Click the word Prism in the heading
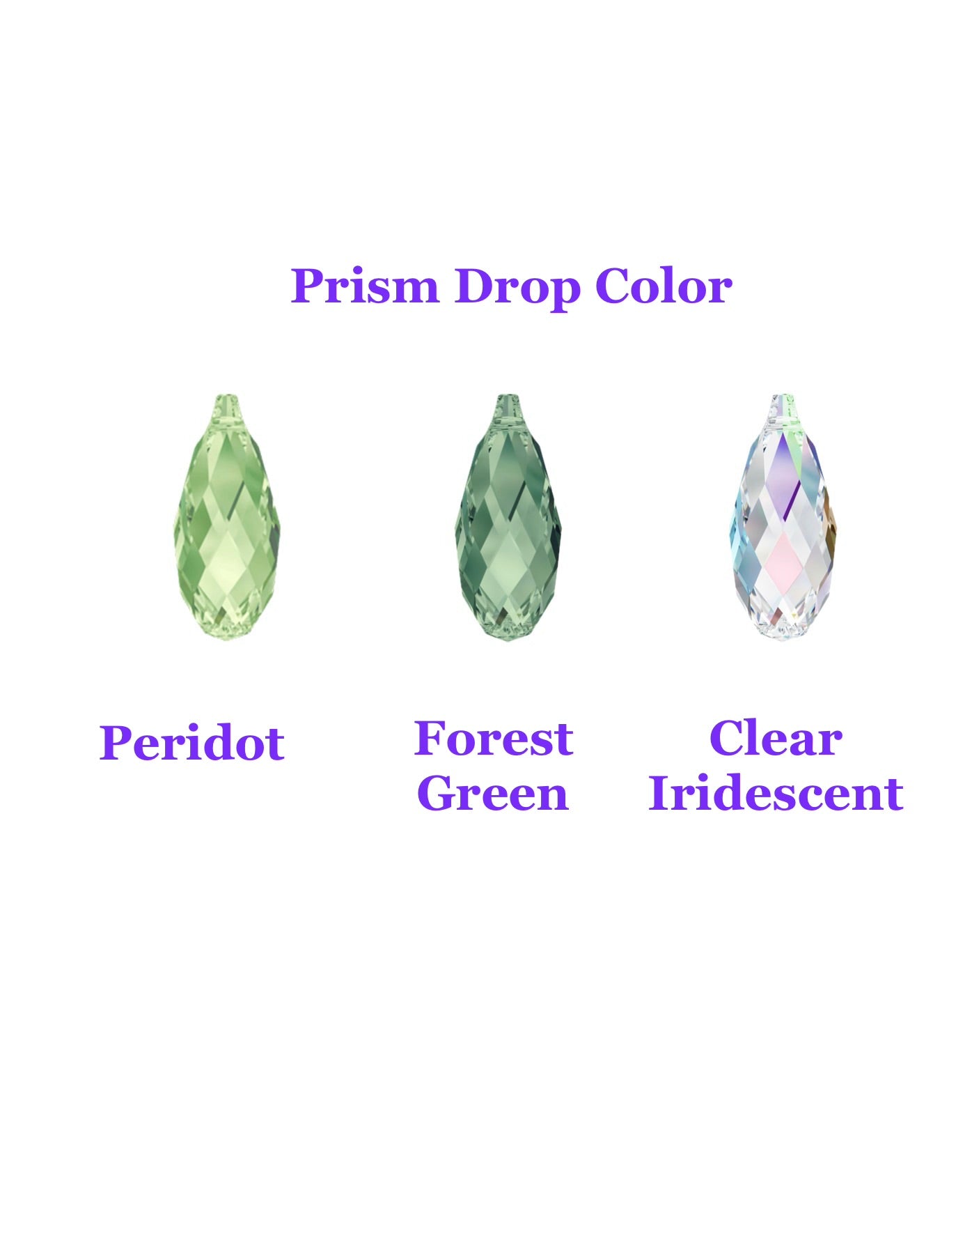tap(364, 286)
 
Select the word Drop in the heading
tap(517, 286)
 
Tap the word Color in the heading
tap(663, 286)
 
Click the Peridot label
tap(192, 743)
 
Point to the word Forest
tap(493, 739)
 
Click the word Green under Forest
tap(493, 794)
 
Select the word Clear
tap(776, 739)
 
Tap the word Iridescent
tap(776, 794)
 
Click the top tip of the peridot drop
tap(228, 399)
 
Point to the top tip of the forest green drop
tap(508, 399)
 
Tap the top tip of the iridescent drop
tap(784, 399)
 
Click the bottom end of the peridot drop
tap(227, 636)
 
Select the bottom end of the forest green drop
tap(508, 636)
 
